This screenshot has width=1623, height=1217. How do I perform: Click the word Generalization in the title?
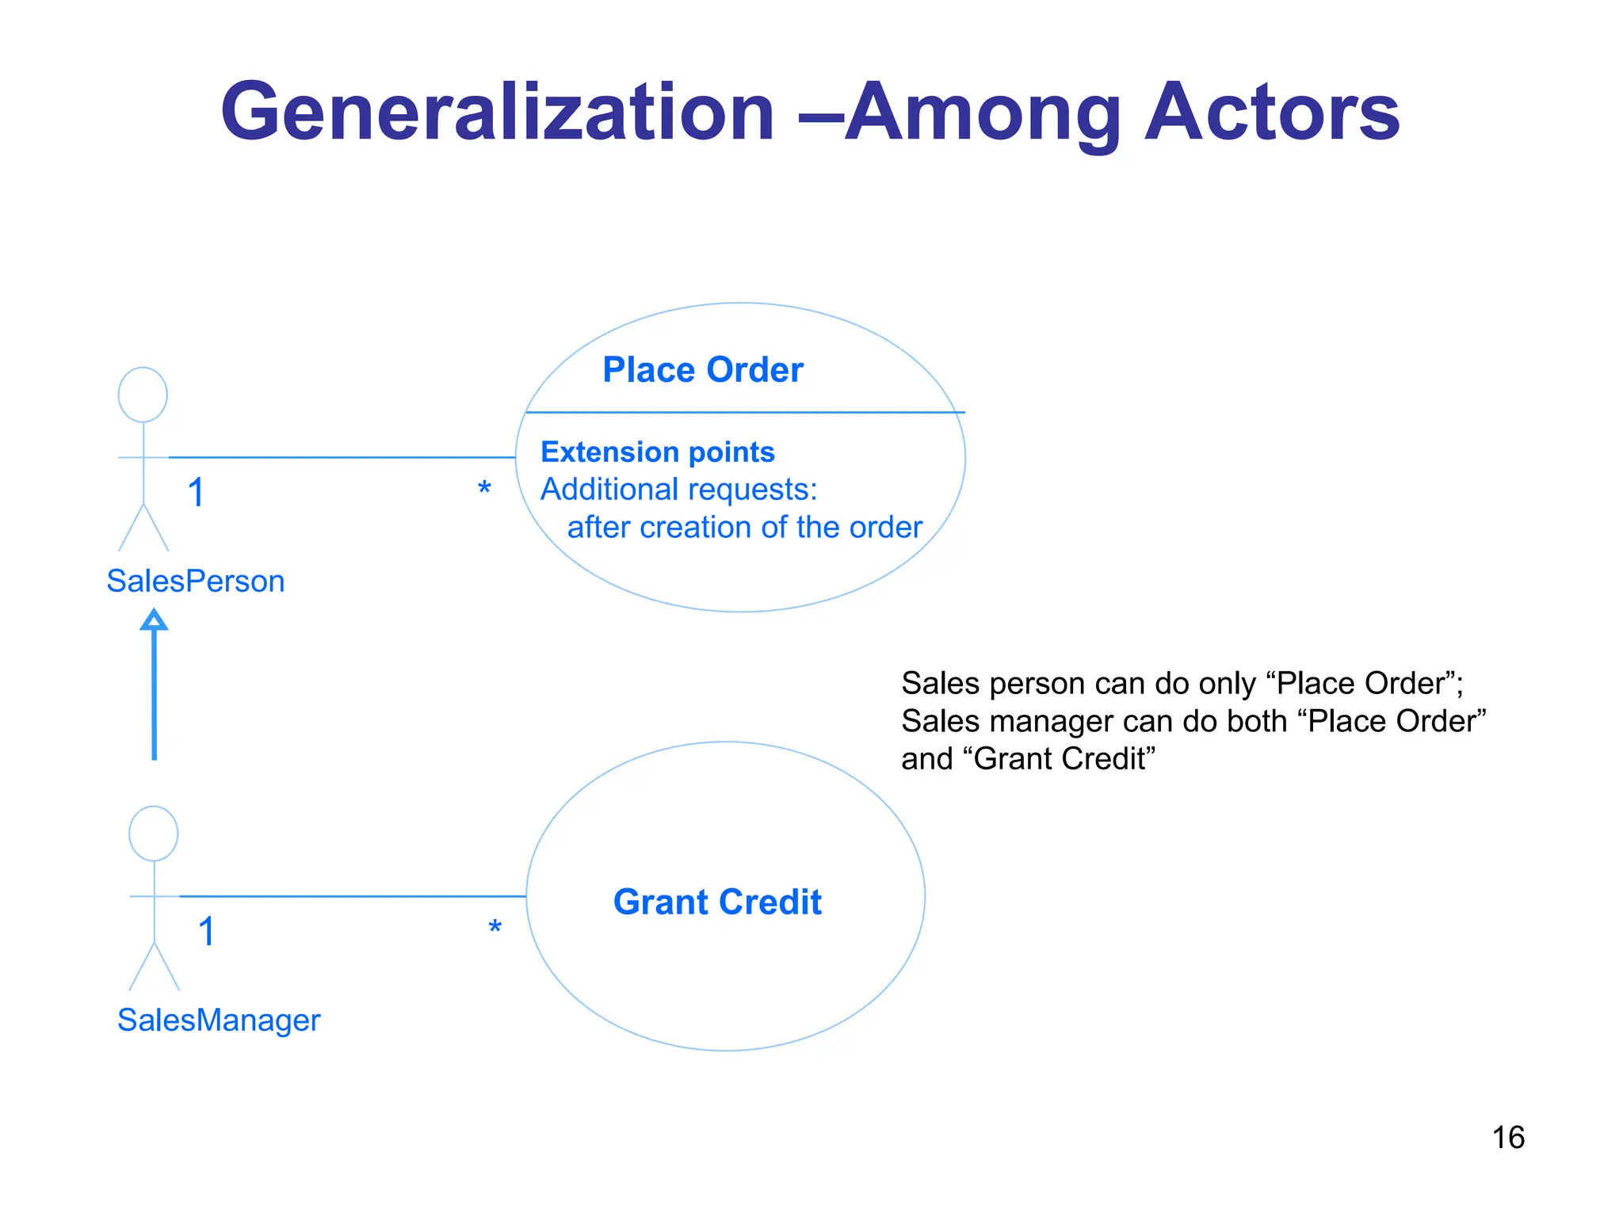pyautogui.click(x=497, y=113)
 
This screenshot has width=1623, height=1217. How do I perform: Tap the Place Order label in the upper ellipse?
pyautogui.click(x=702, y=370)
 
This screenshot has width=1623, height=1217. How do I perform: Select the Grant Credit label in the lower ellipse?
pyautogui.click(x=717, y=902)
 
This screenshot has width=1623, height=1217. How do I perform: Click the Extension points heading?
pyautogui.click(x=657, y=452)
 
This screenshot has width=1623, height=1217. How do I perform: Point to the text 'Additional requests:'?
pyautogui.click(x=678, y=490)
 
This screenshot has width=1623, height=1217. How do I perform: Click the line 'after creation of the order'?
pyautogui.click(x=744, y=528)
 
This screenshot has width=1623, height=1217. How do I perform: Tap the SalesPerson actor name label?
pyautogui.click(x=195, y=581)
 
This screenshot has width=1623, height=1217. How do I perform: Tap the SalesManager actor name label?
pyautogui.click(x=219, y=1020)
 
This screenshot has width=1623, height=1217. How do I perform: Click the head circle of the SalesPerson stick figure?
pyautogui.click(x=143, y=395)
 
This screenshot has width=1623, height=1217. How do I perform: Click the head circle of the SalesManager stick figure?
pyautogui.click(x=154, y=834)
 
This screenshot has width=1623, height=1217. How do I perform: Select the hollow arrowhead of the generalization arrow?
pyautogui.click(x=154, y=620)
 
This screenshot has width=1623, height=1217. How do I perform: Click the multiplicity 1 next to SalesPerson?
pyautogui.click(x=197, y=493)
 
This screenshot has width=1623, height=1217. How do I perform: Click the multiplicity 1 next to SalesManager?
pyautogui.click(x=207, y=932)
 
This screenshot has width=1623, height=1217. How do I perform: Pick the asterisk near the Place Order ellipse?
pyautogui.click(x=484, y=488)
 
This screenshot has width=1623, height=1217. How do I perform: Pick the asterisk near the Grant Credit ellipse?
pyautogui.click(x=495, y=927)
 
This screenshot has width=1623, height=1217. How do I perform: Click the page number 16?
pyautogui.click(x=1507, y=1138)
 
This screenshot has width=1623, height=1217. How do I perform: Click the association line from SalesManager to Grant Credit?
pyautogui.click(x=353, y=896)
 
